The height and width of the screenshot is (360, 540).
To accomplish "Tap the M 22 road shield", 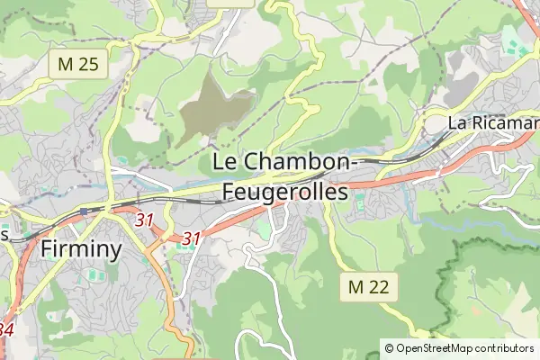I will pyautogui.click(x=369, y=287).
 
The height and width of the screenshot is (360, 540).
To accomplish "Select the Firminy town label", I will pyautogui.click(x=81, y=248).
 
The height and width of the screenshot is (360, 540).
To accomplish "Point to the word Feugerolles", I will pyautogui.click(x=284, y=192).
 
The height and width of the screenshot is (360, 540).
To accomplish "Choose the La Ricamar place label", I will pyautogui.click(x=493, y=122).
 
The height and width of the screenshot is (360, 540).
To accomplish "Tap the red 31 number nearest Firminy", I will pyautogui.click(x=144, y=219).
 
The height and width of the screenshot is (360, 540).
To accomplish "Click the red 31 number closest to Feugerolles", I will pyautogui.click(x=190, y=238).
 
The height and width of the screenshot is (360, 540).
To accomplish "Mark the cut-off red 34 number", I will pyautogui.click(x=5, y=329).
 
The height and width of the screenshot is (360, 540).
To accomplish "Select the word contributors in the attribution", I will pyautogui.click(x=505, y=348).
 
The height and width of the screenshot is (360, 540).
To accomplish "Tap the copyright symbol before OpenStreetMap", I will pyautogui.click(x=389, y=348).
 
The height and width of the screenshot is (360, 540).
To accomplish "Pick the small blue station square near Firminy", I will pyautogui.click(x=83, y=211).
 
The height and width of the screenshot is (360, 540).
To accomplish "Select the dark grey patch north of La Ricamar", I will pyautogui.click(x=463, y=85).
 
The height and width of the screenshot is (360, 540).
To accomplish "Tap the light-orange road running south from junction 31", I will pyautogui.click(x=166, y=288).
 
